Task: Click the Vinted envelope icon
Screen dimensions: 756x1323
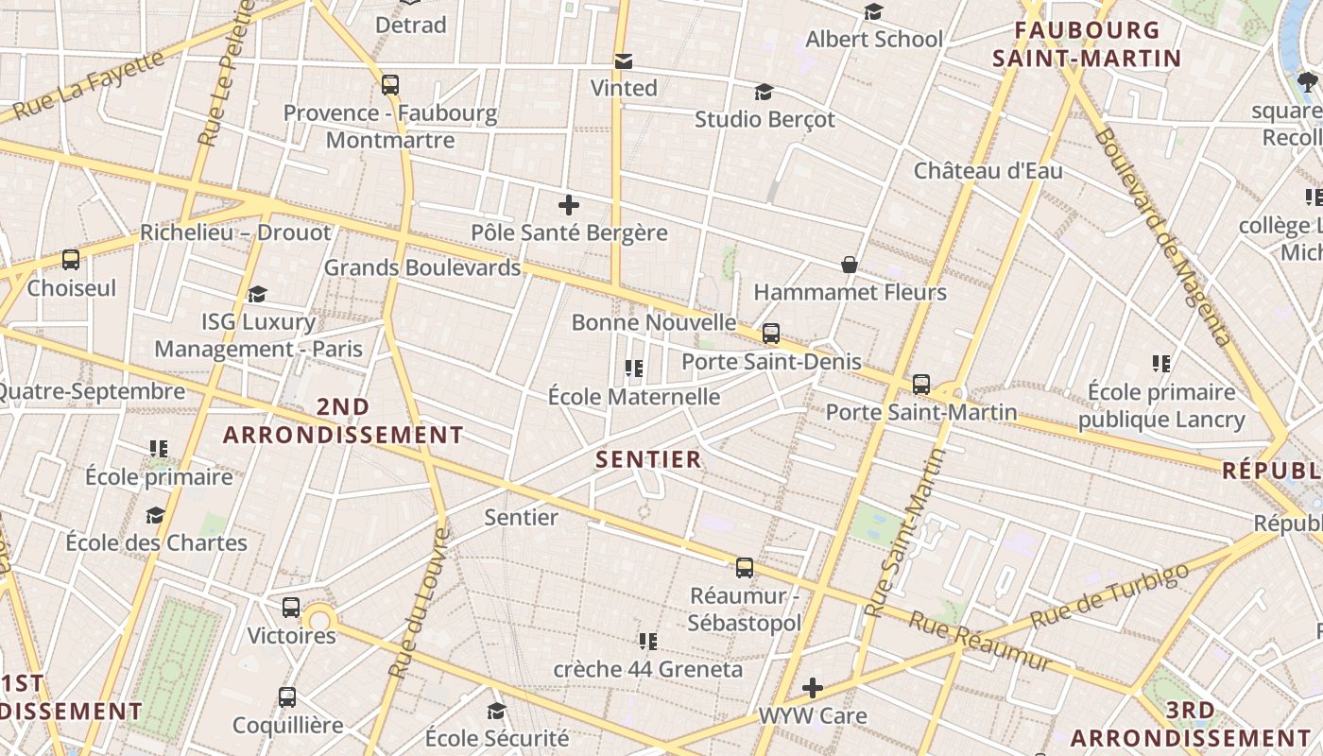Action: pos(623,62)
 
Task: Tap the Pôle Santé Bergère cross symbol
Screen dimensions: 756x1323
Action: pos(569,205)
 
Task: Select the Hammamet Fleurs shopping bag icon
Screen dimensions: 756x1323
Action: pos(850,265)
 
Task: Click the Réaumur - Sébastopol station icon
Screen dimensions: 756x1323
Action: pos(745,568)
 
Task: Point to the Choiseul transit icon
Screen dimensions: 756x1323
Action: pos(70,260)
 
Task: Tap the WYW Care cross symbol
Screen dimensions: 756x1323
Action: pos(812,688)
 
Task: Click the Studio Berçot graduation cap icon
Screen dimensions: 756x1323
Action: pos(764,93)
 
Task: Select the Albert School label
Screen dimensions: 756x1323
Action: pos(874,40)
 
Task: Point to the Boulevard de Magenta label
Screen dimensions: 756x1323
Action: pos(1162,236)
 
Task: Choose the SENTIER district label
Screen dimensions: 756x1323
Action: pos(648,460)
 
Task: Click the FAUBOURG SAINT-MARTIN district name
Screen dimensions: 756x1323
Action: pos(1087,44)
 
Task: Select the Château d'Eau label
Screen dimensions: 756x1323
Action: pos(988,171)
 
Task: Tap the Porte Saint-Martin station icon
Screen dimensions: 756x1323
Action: pos(921,386)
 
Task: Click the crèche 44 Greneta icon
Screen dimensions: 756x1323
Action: pos(647,643)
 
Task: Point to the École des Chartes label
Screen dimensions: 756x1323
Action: pos(156,543)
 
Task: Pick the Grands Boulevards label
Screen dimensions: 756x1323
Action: pos(422,267)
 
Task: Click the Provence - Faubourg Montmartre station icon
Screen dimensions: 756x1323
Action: pos(390,85)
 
